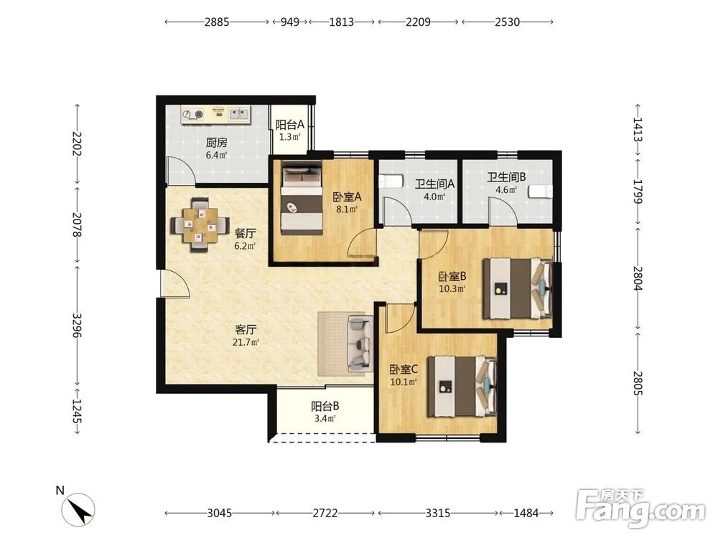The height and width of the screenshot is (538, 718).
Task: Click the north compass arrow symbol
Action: tap(79, 509)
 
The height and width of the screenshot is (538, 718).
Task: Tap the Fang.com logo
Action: tap(640, 508)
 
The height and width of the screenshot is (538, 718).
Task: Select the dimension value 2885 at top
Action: tap(217, 22)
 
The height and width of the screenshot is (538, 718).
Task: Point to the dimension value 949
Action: tap(290, 22)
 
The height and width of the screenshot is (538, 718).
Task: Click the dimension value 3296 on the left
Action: tap(77, 326)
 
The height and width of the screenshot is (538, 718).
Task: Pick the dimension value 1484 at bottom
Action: tap(526, 514)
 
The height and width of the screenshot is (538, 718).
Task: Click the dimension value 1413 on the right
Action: tap(638, 129)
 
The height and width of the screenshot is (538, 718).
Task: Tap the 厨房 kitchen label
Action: tap(216, 143)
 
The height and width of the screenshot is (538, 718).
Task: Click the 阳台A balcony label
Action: tap(290, 124)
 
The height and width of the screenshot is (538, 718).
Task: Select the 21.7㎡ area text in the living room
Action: tap(246, 341)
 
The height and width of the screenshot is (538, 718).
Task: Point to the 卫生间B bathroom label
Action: tap(506, 177)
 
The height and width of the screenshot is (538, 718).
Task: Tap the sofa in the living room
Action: tap(360, 343)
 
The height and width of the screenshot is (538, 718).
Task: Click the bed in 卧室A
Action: tap(301, 198)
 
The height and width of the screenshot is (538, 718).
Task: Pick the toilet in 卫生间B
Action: tap(541, 192)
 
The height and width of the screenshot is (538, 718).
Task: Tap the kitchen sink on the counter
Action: tap(239, 113)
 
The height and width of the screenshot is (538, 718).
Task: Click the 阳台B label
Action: tap(325, 406)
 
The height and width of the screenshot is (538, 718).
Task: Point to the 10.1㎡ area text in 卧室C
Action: tap(404, 382)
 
